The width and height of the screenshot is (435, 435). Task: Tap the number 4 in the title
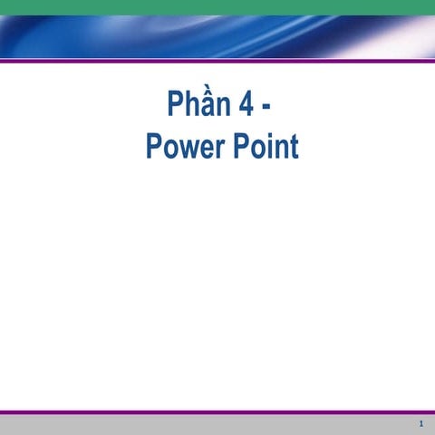pos(246,106)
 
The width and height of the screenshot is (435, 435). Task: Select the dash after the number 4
pos(266,109)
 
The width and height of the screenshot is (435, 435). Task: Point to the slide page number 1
pos(421,424)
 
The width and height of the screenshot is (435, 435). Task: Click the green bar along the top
pos(217,7)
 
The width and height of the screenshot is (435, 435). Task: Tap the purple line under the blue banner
pos(217,61)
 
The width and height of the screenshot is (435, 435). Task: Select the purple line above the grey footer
pos(217,412)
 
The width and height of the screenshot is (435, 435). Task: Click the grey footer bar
pos(217,425)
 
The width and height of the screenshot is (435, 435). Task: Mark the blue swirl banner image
pos(217,36)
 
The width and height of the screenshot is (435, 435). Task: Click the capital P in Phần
pos(174,106)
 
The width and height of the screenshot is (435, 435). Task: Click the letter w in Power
pos(187,149)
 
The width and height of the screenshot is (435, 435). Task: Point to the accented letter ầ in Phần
pos(207,106)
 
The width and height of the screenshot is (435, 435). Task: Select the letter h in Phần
pos(190,106)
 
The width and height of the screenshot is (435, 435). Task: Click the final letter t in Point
pos(294,147)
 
